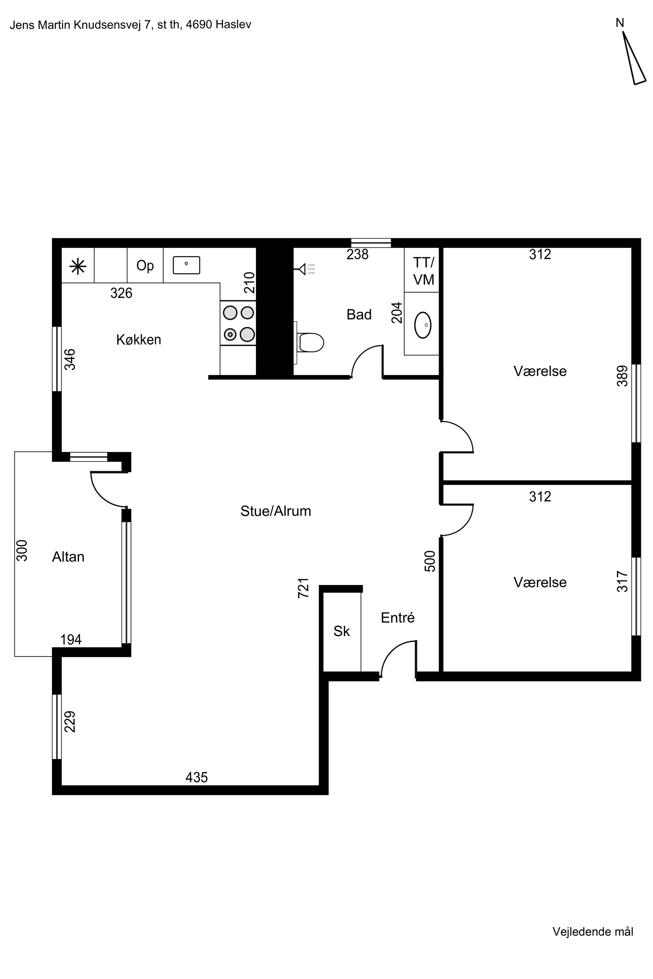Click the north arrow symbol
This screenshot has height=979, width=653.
(633, 58)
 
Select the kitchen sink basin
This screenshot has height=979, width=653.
(186, 265)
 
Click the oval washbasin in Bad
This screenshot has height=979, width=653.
(423, 325)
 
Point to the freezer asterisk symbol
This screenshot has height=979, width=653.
(78, 266)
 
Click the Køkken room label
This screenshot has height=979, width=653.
(139, 340)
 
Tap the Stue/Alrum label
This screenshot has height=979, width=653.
(276, 511)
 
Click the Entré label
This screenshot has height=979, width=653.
(398, 617)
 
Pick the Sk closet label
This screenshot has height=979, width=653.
(342, 631)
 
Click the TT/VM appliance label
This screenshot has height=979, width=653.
(423, 271)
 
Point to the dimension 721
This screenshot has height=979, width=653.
(304, 588)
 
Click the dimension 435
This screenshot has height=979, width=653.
(197, 777)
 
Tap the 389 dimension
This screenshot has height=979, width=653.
(622, 376)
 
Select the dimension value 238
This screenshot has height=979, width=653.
(357, 254)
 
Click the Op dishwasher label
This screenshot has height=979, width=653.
(145, 266)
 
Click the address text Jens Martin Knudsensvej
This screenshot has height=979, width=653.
(76, 25)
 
